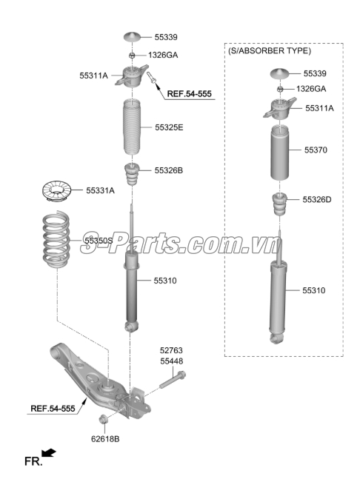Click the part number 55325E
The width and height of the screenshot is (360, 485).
[169, 127]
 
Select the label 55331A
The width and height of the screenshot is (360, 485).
[101, 190]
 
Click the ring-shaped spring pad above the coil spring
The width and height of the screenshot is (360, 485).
[56, 192]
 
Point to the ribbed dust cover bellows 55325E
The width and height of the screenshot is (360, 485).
[131, 127]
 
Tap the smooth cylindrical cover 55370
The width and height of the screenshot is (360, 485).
[279, 153]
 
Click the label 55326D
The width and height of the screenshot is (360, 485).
[317, 199]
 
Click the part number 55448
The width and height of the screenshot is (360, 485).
[171, 361]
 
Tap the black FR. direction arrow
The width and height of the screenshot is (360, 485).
[49, 452]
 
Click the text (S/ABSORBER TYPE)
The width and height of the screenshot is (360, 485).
[269, 51]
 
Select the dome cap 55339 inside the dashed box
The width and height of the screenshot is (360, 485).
[279, 73]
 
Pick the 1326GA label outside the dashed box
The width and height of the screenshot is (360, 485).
[163, 55]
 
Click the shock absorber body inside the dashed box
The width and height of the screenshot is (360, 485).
[279, 300]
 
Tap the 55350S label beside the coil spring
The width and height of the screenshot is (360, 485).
[99, 241]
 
